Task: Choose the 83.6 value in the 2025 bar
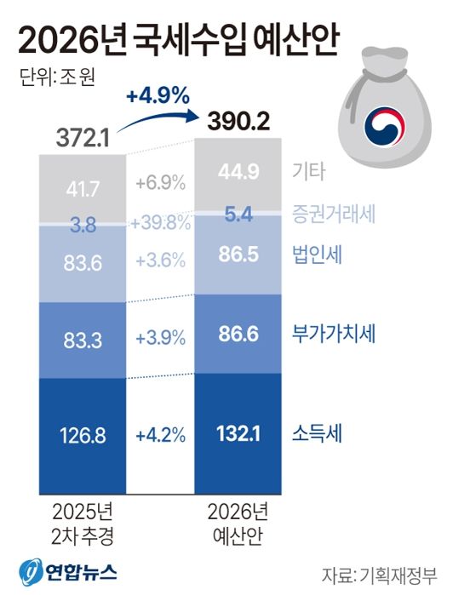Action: click(x=83, y=263)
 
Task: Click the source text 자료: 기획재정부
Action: click(x=381, y=571)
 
